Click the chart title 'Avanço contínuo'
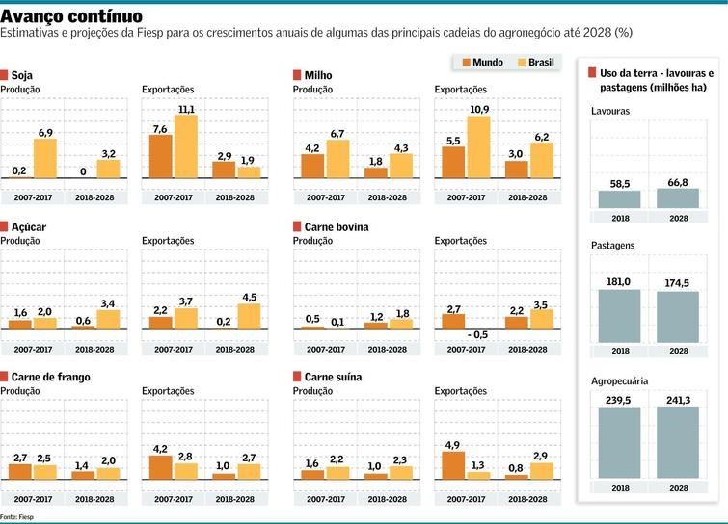click(x=72, y=16)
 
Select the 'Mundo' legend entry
click(x=483, y=62)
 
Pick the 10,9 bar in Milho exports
click(x=477, y=146)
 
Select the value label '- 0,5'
click(x=476, y=334)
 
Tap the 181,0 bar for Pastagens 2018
click(x=619, y=318)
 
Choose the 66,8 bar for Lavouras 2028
click(x=678, y=198)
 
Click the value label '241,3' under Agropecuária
click(x=678, y=397)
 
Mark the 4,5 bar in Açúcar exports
click(x=249, y=317)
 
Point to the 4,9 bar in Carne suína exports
click(x=454, y=464)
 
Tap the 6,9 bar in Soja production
click(x=45, y=158)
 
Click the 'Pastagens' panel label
click(x=612, y=246)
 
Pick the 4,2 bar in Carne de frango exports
click(x=161, y=467)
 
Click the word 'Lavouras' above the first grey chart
click(x=610, y=112)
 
